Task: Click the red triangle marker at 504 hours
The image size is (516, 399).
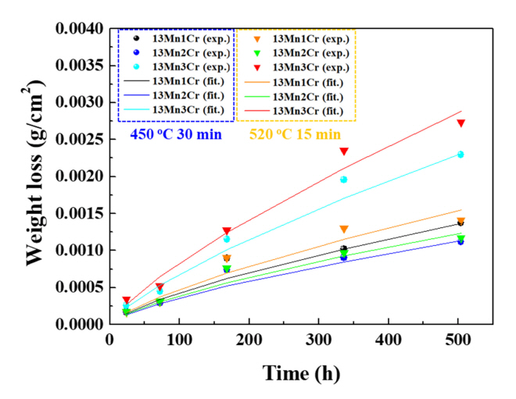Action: point(461,123)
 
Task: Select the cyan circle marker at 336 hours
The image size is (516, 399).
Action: point(343,180)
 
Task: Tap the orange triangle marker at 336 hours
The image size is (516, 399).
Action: point(343,230)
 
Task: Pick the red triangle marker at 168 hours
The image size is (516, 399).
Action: point(227,231)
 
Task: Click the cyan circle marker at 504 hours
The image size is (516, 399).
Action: point(460,155)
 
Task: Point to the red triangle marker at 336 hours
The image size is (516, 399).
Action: point(343,151)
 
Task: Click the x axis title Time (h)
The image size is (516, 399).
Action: point(301,373)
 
